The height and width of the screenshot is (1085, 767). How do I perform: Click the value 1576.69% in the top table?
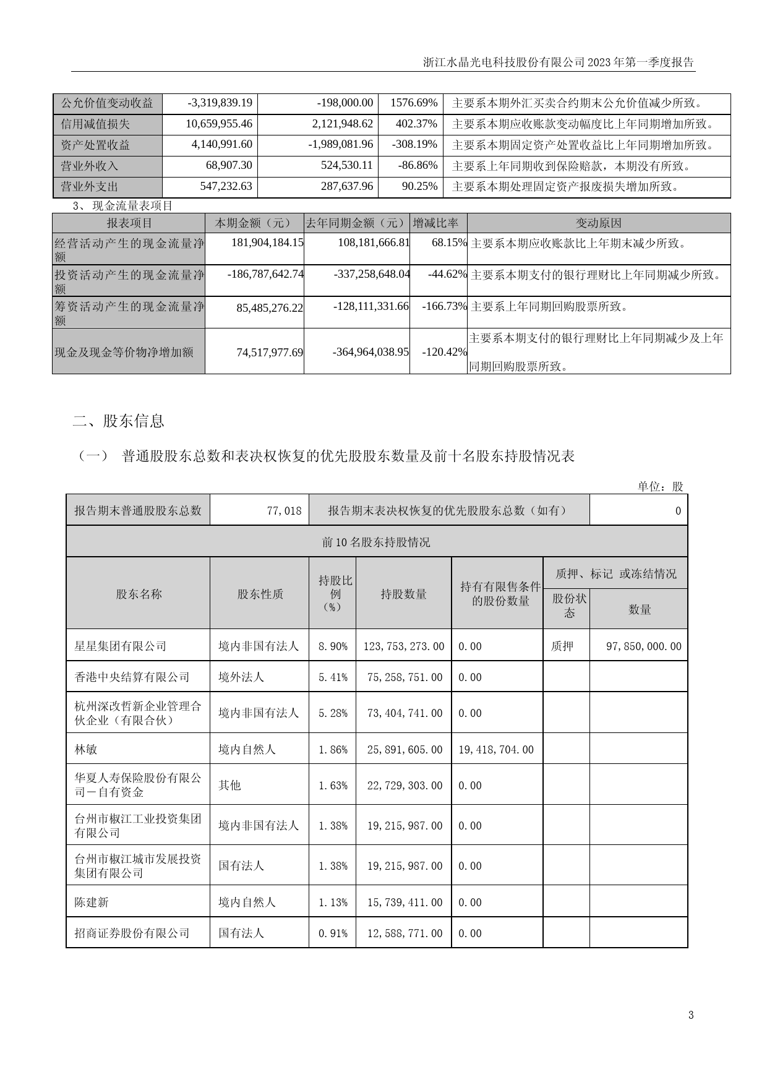pyautogui.click(x=414, y=103)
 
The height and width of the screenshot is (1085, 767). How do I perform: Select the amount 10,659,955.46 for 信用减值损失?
pyautogui.click(x=219, y=124)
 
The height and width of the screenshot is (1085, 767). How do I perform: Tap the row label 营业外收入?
pyautogui.click(x=89, y=166)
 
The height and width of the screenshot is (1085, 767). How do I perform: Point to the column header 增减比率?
pyautogui.click(x=435, y=223)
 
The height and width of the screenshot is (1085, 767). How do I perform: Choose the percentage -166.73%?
pyautogui.click(x=444, y=306)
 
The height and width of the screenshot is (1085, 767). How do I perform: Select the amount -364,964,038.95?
pyautogui.click(x=371, y=352)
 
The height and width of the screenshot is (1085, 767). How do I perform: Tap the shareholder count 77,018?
pyautogui.click(x=285, y=510)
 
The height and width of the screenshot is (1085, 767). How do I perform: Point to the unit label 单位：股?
pyautogui.click(x=661, y=487)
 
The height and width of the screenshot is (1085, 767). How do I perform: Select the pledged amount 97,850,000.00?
pyautogui.click(x=644, y=646)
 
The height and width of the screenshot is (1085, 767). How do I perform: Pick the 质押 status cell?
pyautogui.click(x=562, y=646)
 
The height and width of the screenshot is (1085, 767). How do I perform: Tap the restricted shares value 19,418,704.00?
pyautogui.click(x=496, y=749)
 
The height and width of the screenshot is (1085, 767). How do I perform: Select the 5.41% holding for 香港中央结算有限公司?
pyautogui.click(x=333, y=677)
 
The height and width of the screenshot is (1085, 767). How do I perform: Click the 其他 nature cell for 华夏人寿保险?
pyautogui.click(x=229, y=785)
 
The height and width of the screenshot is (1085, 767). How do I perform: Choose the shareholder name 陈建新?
pyautogui.click(x=92, y=903)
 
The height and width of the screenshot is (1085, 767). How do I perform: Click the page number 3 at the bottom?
pyautogui.click(x=691, y=1015)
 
